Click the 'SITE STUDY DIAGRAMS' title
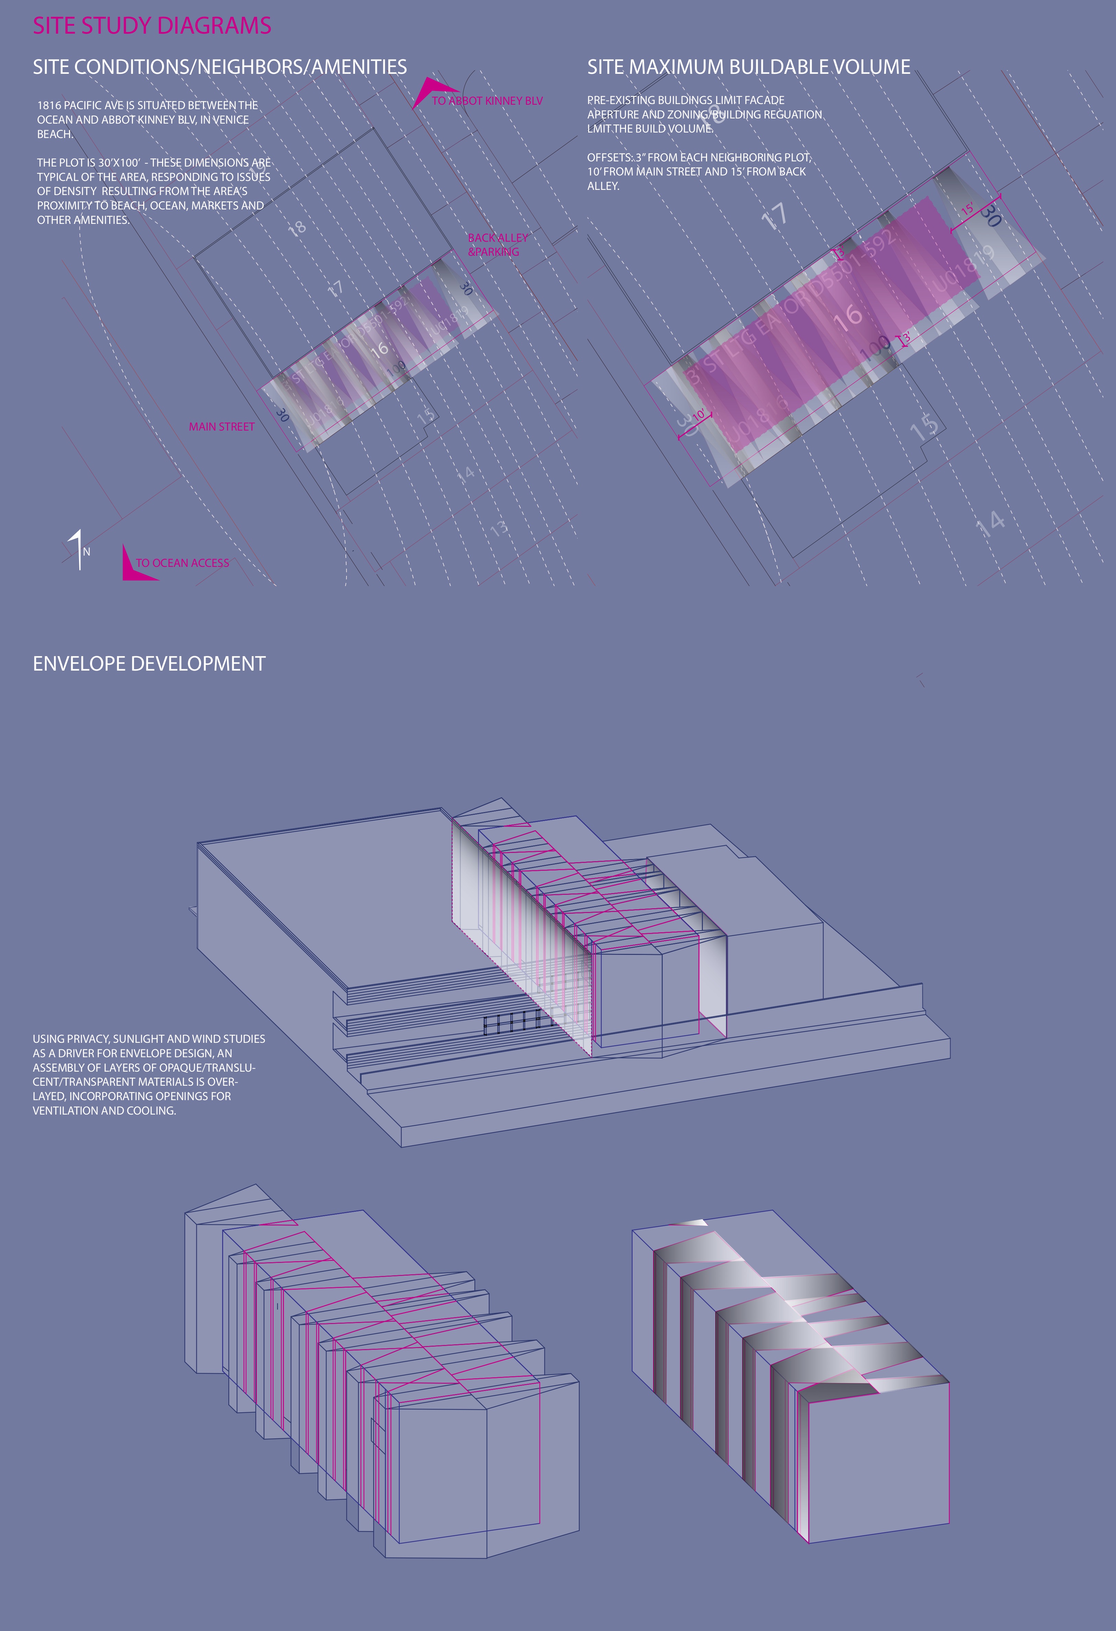152,26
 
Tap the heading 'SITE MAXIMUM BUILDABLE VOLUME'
748,67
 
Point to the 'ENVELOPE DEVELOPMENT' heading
149,664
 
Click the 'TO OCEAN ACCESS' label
182,563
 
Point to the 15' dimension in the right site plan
967,210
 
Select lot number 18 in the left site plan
297,227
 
